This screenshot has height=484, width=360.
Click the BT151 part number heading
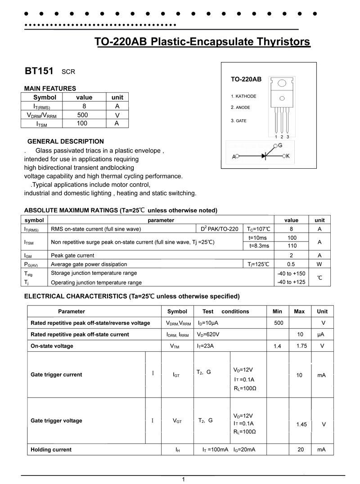(x=39, y=71)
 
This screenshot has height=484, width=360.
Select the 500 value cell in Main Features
(x=83, y=115)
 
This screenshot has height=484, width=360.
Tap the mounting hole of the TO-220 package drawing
(x=282, y=83)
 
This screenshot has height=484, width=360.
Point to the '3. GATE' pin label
(x=238, y=121)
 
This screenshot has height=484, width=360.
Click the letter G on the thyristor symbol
(x=279, y=146)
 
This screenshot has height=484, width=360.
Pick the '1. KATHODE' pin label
(x=243, y=96)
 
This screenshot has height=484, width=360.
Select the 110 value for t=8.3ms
(x=292, y=246)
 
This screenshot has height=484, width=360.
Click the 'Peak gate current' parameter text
(x=72, y=255)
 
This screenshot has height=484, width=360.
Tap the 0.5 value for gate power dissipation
(x=292, y=264)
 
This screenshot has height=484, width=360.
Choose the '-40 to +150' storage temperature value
(x=292, y=273)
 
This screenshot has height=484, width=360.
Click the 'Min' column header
(x=278, y=311)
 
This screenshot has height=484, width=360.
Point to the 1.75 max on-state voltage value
(x=299, y=346)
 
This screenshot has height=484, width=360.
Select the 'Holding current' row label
(x=51, y=449)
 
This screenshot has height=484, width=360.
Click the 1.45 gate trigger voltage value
(x=301, y=424)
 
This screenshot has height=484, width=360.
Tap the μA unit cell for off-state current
(x=321, y=335)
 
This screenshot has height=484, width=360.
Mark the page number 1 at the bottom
(x=184, y=480)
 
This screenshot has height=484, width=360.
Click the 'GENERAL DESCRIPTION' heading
(x=66, y=141)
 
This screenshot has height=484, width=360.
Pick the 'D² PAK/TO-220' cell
(x=220, y=229)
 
